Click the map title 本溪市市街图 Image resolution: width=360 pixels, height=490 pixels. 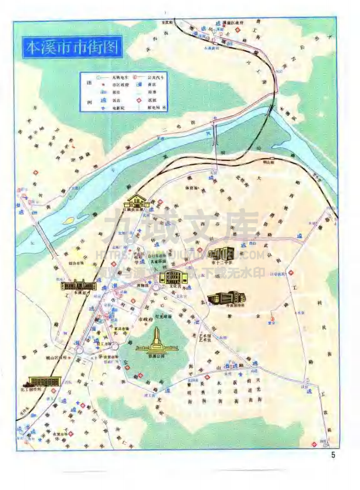(72, 48)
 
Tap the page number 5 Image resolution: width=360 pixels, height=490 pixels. (333, 455)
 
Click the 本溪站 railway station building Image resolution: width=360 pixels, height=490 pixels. (79, 285)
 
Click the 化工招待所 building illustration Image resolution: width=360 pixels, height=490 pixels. (44, 381)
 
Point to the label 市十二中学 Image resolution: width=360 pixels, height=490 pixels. (221, 262)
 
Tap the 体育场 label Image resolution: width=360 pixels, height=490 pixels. (192, 188)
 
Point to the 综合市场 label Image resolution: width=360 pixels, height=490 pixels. (76, 263)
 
